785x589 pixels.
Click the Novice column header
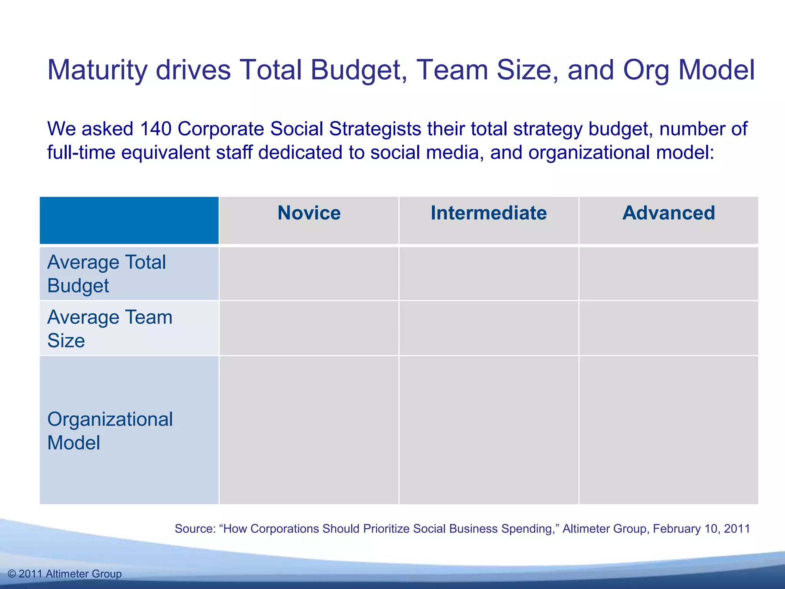point(309,213)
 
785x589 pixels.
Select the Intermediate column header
point(489,213)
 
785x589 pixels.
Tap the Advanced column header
point(668,213)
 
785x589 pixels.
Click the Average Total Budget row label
point(107,274)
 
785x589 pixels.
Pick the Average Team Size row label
point(110,329)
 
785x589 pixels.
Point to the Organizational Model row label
point(110,431)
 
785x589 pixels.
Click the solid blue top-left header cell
point(129,220)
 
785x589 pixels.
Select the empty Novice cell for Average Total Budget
point(309,274)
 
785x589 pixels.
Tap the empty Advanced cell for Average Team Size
point(668,329)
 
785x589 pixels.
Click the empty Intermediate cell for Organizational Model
point(489,430)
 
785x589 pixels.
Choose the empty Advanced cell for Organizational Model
point(668,430)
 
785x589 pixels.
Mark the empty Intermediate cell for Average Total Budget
point(489,274)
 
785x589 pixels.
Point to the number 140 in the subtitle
point(155,129)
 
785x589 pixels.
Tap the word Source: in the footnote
point(195,529)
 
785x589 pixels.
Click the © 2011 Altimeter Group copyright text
point(64,574)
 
